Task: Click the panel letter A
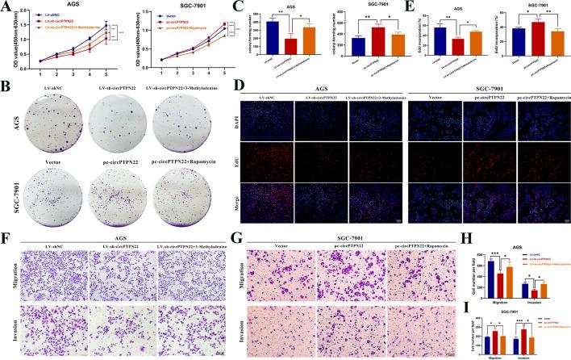[6, 6]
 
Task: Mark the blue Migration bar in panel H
[492, 279]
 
